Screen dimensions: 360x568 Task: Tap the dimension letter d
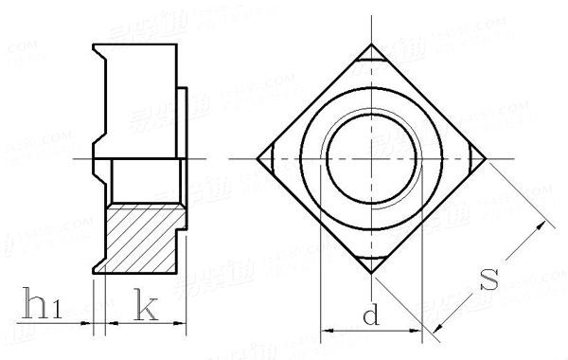pos(371,315)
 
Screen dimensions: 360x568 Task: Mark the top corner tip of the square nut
pos(371,45)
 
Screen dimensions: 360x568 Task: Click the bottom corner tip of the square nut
pos(371,274)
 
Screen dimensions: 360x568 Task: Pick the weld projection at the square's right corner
pos(476,160)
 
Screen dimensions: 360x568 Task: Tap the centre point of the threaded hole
pos(371,160)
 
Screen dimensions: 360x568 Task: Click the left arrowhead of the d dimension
pos(328,332)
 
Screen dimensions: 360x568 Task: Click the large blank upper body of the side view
pos(142,99)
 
